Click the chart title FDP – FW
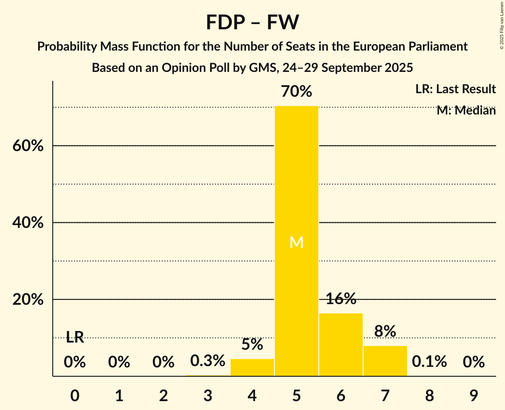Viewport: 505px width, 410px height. point(252,22)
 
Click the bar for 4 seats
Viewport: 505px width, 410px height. point(252,367)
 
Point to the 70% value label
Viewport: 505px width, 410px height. point(296,92)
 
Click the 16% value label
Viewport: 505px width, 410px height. point(341,299)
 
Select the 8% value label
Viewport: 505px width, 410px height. point(385,331)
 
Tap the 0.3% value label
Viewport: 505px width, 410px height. point(207,360)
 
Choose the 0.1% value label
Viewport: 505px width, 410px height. point(429,362)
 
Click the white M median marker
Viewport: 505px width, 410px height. point(296,242)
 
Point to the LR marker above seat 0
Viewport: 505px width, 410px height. point(75,337)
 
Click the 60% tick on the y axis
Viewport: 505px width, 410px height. point(27,146)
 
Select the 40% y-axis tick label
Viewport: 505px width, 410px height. point(27,223)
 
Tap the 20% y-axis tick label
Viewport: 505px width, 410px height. point(27,300)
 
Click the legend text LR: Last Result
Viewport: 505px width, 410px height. point(455,89)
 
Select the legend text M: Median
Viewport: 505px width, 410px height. point(466,110)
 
